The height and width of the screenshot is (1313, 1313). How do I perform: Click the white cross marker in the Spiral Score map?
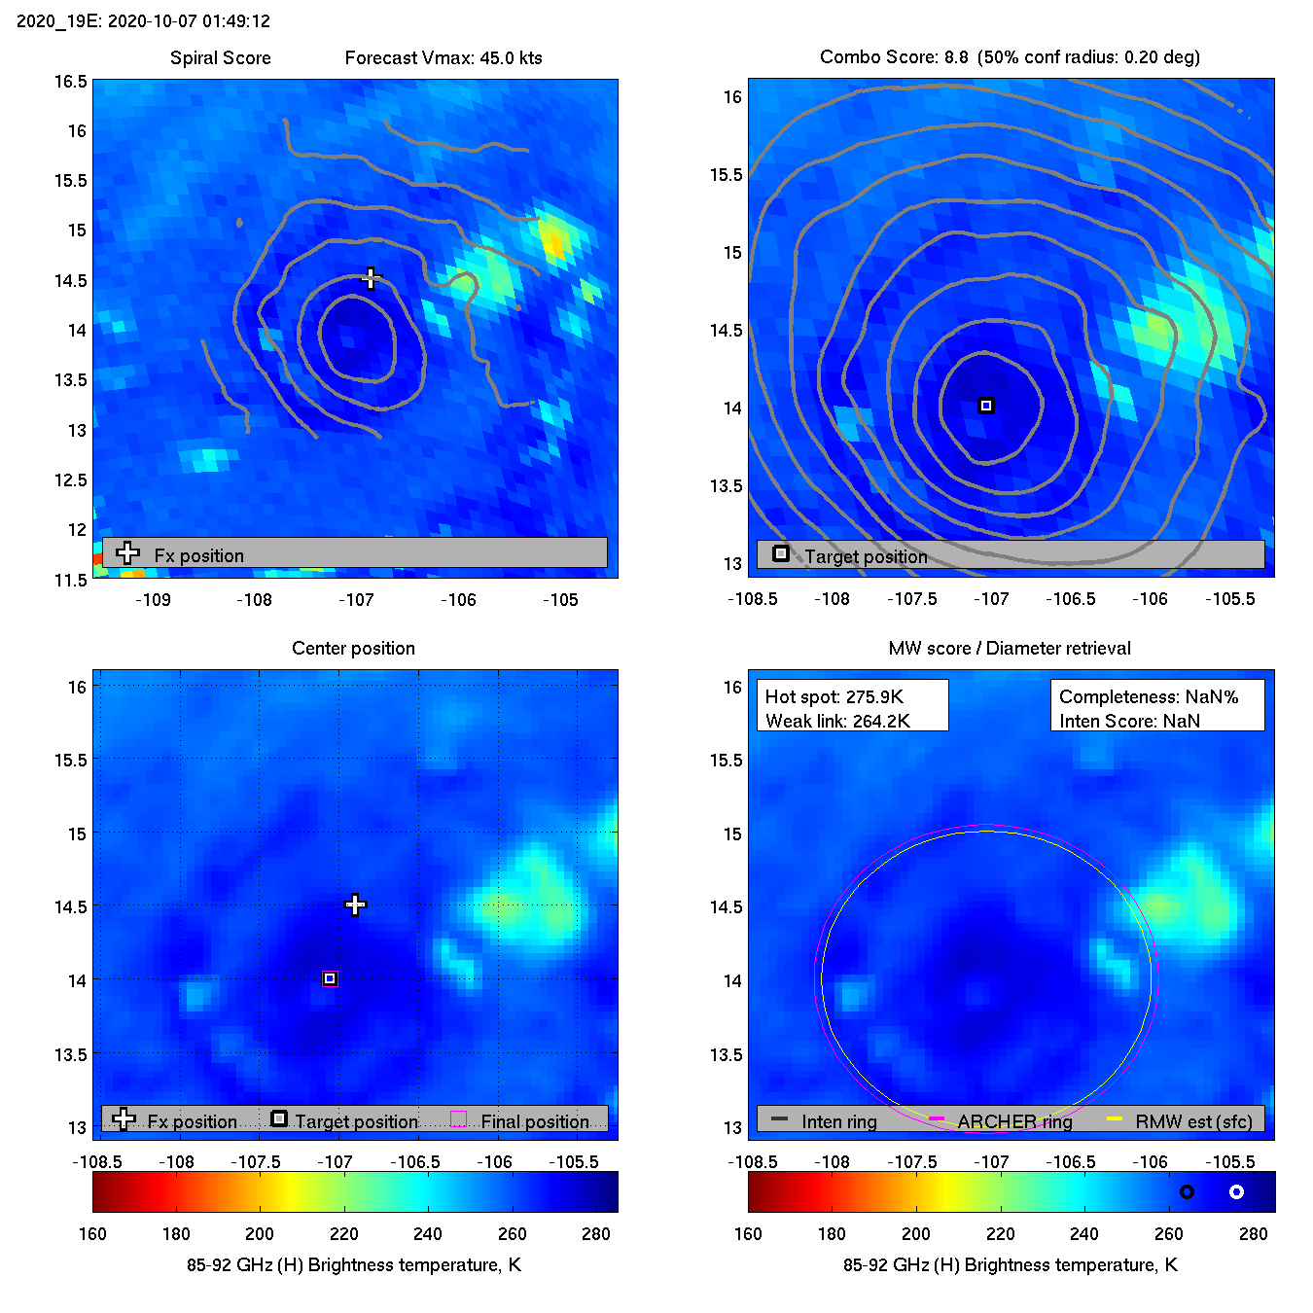[371, 278]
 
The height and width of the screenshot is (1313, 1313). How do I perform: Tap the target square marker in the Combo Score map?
[986, 406]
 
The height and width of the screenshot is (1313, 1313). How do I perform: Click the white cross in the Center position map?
[355, 905]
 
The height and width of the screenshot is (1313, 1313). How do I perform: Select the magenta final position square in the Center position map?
[330, 978]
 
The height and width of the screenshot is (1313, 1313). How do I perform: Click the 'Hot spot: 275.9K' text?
[834, 696]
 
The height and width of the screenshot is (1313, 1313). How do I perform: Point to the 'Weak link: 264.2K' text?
[837, 721]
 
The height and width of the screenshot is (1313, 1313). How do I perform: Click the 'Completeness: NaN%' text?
[1149, 696]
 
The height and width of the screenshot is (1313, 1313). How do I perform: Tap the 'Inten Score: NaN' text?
[1129, 721]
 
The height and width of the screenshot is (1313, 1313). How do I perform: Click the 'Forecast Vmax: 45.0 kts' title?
[444, 57]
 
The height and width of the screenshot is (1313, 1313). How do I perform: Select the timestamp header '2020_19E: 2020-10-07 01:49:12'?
[144, 20]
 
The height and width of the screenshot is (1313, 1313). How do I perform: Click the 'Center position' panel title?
[353, 648]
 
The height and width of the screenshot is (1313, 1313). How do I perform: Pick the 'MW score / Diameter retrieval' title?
[1010, 648]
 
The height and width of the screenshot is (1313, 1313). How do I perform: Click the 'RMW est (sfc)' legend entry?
[1193, 1121]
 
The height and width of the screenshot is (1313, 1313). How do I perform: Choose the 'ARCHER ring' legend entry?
[1014, 1121]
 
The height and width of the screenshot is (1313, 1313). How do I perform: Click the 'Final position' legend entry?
[534, 1121]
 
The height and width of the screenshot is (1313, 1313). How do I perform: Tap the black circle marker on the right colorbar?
[1187, 1191]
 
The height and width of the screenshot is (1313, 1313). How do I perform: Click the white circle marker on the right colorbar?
[1236, 1191]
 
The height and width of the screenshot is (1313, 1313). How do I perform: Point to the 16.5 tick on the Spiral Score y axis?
[70, 82]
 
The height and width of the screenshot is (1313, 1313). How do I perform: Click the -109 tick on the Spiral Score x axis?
[153, 599]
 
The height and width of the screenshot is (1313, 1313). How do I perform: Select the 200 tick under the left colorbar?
[260, 1233]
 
